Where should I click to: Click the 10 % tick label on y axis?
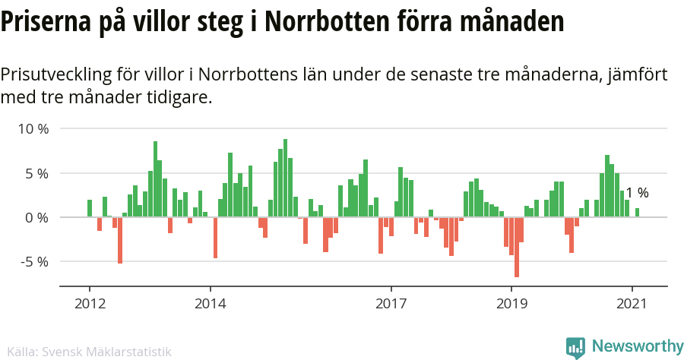coord(33,129)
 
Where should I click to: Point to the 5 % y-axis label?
coord(36,173)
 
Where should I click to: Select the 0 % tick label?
coord(36,217)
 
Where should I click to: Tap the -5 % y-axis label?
coord(33,261)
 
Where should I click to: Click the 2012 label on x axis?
coord(90,304)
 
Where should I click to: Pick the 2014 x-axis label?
coord(211,304)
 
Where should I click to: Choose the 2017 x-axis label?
coord(391,304)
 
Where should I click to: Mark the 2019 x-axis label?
coord(511,304)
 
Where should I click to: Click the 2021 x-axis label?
coord(632,304)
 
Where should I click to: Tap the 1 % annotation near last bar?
coord(637,193)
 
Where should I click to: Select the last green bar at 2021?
coord(637,213)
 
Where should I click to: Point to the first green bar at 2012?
coord(90,208)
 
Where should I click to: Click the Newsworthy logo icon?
coord(575,348)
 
